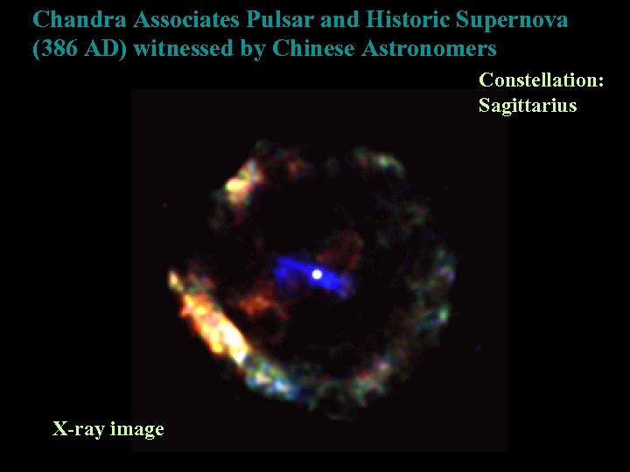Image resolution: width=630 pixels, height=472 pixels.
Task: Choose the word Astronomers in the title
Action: [428, 48]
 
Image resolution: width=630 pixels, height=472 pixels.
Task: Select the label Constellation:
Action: [541, 80]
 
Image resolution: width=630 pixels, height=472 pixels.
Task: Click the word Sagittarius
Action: [528, 106]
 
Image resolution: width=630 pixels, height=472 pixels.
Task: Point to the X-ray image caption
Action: [108, 429]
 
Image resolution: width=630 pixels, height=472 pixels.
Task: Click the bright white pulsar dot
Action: [317, 274]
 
